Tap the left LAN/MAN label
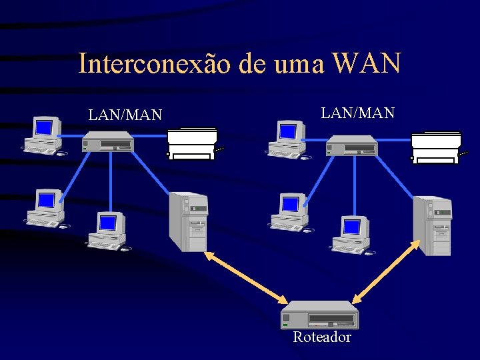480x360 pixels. [x=125, y=115]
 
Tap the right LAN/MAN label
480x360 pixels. [x=358, y=113]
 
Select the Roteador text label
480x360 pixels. [x=322, y=337]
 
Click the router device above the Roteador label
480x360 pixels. [x=320, y=314]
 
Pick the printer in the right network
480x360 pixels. [x=436, y=147]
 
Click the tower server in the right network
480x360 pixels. [x=433, y=225]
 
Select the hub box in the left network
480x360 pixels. [x=107, y=141]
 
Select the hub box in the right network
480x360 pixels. [x=351, y=145]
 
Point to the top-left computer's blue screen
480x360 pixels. [x=44, y=127]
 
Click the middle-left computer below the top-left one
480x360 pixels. [x=46, y=207]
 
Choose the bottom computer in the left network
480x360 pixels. [x=107, y=231]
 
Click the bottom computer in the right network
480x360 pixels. [x=351, y=234]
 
